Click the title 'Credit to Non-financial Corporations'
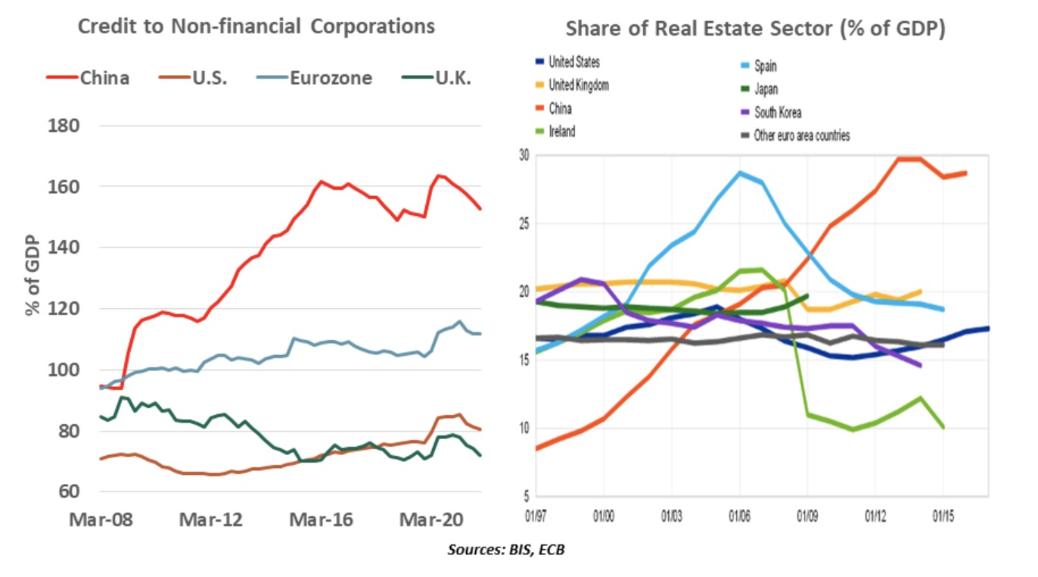(x=256, y=27)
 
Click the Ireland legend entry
(x=561, y=131)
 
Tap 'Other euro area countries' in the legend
(x=801, y=136)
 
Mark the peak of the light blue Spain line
(x=740, y=173)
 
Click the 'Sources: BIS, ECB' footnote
(x=505, y=550)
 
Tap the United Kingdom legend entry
(x=578, y=86)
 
